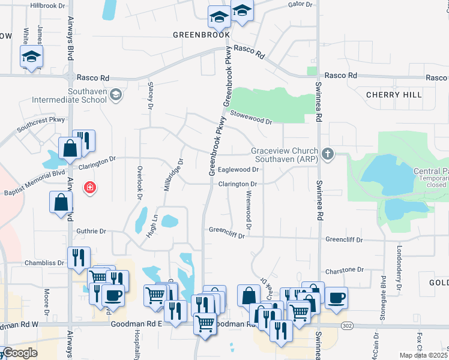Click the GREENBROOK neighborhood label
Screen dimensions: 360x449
(x=202, y=35)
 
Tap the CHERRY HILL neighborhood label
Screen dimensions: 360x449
(x=394, y=95)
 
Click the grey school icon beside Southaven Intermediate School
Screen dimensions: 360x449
(x=116, y=94)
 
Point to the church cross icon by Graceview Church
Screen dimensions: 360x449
(x=327, y=154)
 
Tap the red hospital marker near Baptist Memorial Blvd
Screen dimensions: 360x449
(x=90, y=188)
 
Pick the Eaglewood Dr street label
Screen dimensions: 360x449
(x=238, y=170)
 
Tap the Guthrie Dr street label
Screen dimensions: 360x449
(x=91, y=231)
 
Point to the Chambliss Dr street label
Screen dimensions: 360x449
(x=44, y=263)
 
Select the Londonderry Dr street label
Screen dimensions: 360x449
(x=399, y=262)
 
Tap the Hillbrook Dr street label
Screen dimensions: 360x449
(x=51, y=5)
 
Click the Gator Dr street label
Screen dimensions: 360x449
(x=301, y=4)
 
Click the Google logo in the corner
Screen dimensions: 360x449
(x=20, y=353)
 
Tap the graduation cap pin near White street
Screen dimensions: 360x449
(x=31, y=57)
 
